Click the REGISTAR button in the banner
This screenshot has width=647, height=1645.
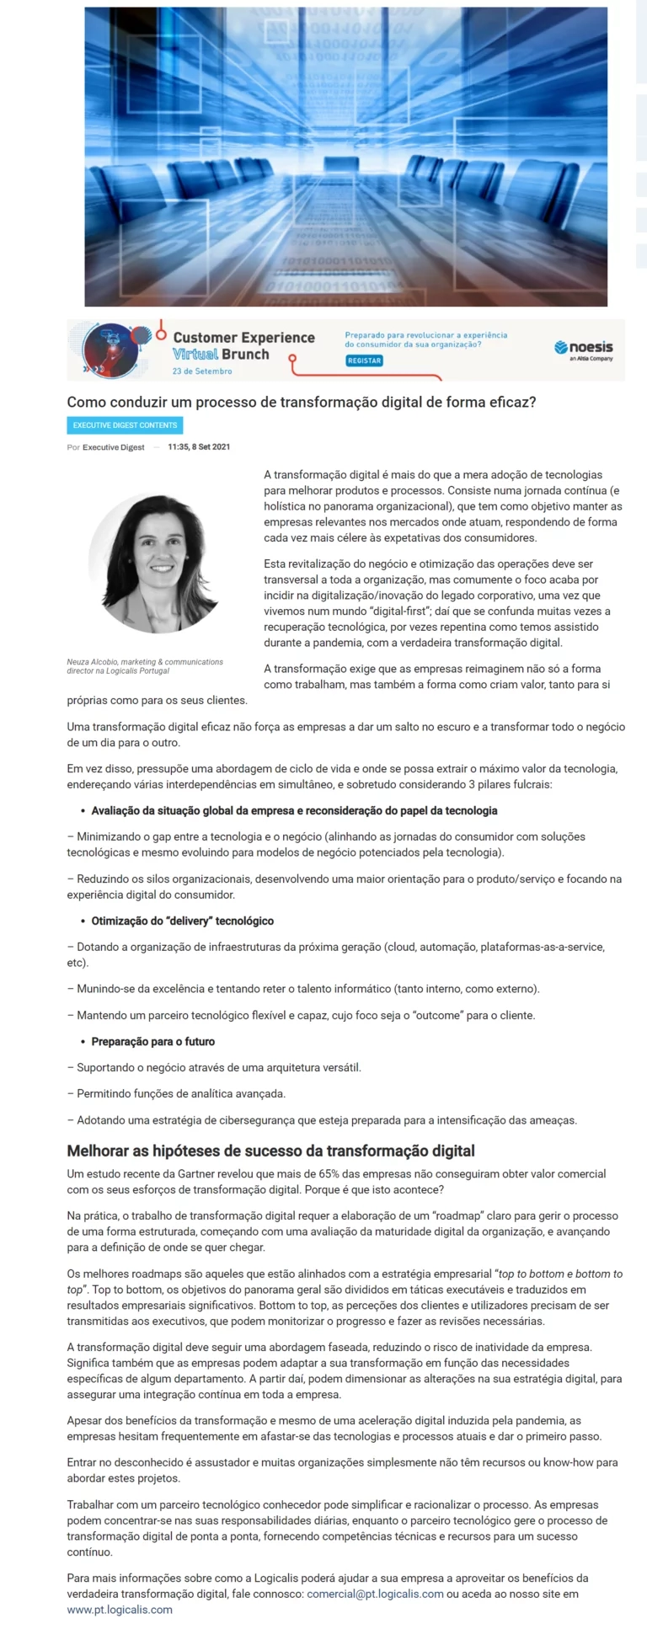click(364, 361)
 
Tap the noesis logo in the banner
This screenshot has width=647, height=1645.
click(584, 349)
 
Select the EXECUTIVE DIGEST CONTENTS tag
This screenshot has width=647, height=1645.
click(125, 425)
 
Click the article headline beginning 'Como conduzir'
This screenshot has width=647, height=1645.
click(302, 402)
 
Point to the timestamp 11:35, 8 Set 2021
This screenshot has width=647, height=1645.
click(199, 446)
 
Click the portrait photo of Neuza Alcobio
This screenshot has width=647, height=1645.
click(155, 563)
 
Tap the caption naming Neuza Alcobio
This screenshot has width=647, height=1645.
click(145, 666)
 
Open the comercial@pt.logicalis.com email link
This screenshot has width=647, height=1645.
click(375, 1594)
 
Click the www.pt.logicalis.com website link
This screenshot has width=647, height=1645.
click(120, 1610)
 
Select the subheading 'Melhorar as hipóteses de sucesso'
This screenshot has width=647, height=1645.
click(270, 1151)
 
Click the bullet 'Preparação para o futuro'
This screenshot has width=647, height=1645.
click(152, 1041)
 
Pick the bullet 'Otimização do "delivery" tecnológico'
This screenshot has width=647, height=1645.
click(182, 921)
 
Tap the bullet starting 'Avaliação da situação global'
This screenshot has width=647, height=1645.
click(294, 810)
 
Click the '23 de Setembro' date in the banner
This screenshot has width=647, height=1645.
click(202, 371)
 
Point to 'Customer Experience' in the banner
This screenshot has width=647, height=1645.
click(243, 338)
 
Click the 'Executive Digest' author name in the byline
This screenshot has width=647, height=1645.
click(114, 447)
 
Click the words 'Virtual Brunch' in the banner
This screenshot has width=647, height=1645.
click(221, 355)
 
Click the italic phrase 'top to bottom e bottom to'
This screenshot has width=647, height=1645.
click(560, 1274)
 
